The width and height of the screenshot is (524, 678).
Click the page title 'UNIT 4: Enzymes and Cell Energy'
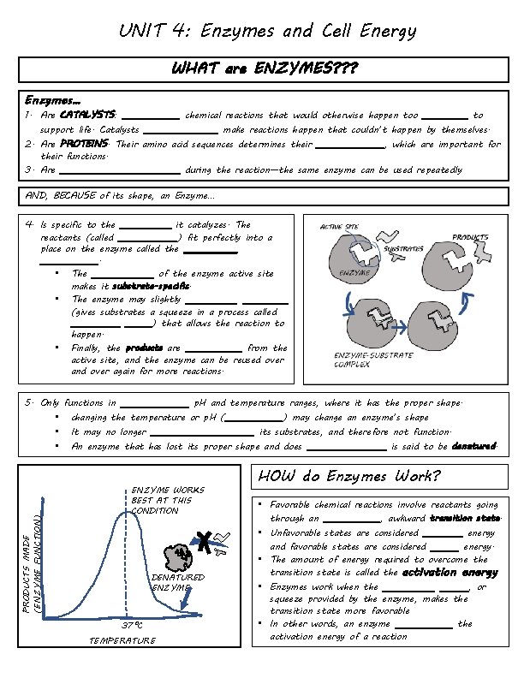267,33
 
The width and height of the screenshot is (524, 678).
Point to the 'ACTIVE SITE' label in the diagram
339,227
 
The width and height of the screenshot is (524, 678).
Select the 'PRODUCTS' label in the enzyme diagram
470,236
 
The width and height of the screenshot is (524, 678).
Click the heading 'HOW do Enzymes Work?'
349,476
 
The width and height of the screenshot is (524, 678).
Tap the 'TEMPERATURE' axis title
122,640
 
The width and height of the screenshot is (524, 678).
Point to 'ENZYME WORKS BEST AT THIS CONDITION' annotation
167,500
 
